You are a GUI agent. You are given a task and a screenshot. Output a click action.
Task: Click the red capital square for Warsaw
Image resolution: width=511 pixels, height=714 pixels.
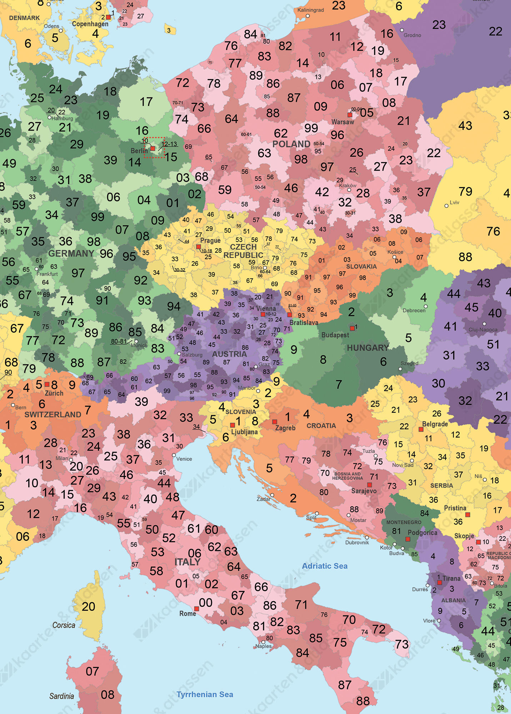coord(350,115)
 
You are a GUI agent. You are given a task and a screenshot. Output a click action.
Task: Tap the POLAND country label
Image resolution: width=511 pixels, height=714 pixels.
coord(291,144)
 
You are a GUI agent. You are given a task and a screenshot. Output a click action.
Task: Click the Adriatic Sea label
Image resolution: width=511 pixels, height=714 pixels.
coord(325,566)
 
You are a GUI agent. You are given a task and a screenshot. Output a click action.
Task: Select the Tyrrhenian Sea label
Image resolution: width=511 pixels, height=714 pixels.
coord(205,694)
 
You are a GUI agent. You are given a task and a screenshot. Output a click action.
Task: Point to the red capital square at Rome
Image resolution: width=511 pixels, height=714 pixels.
coord(196,608)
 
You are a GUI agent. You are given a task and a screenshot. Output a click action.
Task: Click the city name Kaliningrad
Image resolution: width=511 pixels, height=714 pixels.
coord(310,10)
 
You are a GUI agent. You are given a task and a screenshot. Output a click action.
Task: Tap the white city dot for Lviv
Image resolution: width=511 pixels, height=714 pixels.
coord(446,206)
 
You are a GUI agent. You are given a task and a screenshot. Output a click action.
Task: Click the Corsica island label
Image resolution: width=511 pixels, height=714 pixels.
coord(64,625)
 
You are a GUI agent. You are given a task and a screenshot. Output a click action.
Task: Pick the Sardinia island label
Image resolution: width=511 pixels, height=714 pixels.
coord(61,696)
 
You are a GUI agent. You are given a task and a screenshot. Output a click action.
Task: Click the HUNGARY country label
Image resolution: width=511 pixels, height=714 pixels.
coord(368,348)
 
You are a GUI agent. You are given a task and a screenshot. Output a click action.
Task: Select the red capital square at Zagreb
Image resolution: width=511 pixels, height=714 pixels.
coord(275,422)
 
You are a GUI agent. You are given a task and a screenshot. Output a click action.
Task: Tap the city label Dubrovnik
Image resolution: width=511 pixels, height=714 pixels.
coord(357,543)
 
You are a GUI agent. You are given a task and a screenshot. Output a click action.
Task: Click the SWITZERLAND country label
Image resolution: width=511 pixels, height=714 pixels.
coord(52,414)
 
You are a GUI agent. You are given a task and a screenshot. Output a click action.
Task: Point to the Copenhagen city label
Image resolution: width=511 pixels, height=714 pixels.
coord(90,24)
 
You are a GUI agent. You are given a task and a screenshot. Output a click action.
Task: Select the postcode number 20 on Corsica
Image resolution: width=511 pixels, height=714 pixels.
coord(88,607)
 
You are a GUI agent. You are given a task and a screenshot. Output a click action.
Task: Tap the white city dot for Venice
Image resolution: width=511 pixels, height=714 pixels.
coord(174,455)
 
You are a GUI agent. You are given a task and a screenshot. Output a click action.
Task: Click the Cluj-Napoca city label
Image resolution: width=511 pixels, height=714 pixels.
coord(483,330)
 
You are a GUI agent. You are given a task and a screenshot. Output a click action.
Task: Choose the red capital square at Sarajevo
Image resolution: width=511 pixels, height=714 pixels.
coord(370,485)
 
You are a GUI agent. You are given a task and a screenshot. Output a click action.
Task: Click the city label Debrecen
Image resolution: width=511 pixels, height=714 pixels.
coord(414,311)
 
